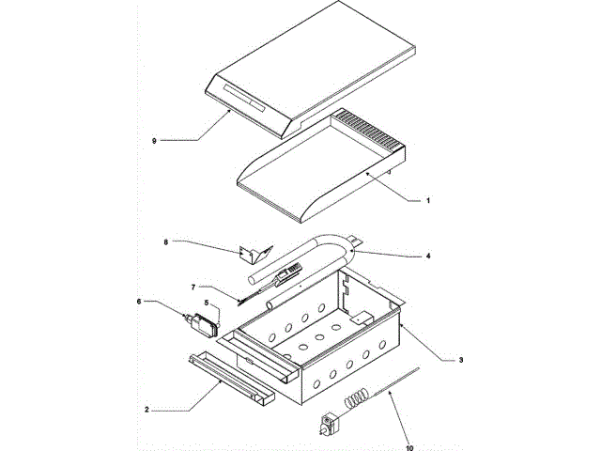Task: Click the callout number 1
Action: (x=428, y=200)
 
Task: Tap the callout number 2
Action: (x=147, y=411)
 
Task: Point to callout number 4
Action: (x=429, y=255)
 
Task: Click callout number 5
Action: (x=207, y=303)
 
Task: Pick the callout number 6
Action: (x=140, y=302)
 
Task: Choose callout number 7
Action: (x=193, y=286)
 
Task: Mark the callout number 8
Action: (x=165, y=241)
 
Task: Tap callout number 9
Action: (x=154, y=140)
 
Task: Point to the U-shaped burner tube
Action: (x=310, y=258)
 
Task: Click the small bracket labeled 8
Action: (x=254, y=254)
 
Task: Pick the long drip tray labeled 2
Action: (x=230, y=381)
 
